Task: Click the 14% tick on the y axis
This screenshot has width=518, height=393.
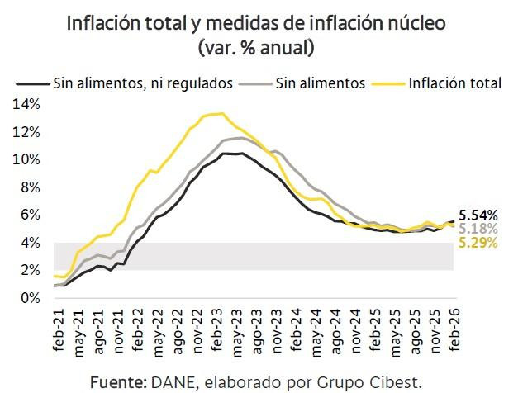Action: coord(25,104)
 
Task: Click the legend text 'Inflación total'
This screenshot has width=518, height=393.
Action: coord(456,83)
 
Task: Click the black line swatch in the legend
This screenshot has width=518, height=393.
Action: coord(33,83)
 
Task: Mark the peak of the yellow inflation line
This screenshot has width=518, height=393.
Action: coord(218,113)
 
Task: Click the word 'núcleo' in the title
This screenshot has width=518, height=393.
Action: coord(416,24)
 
